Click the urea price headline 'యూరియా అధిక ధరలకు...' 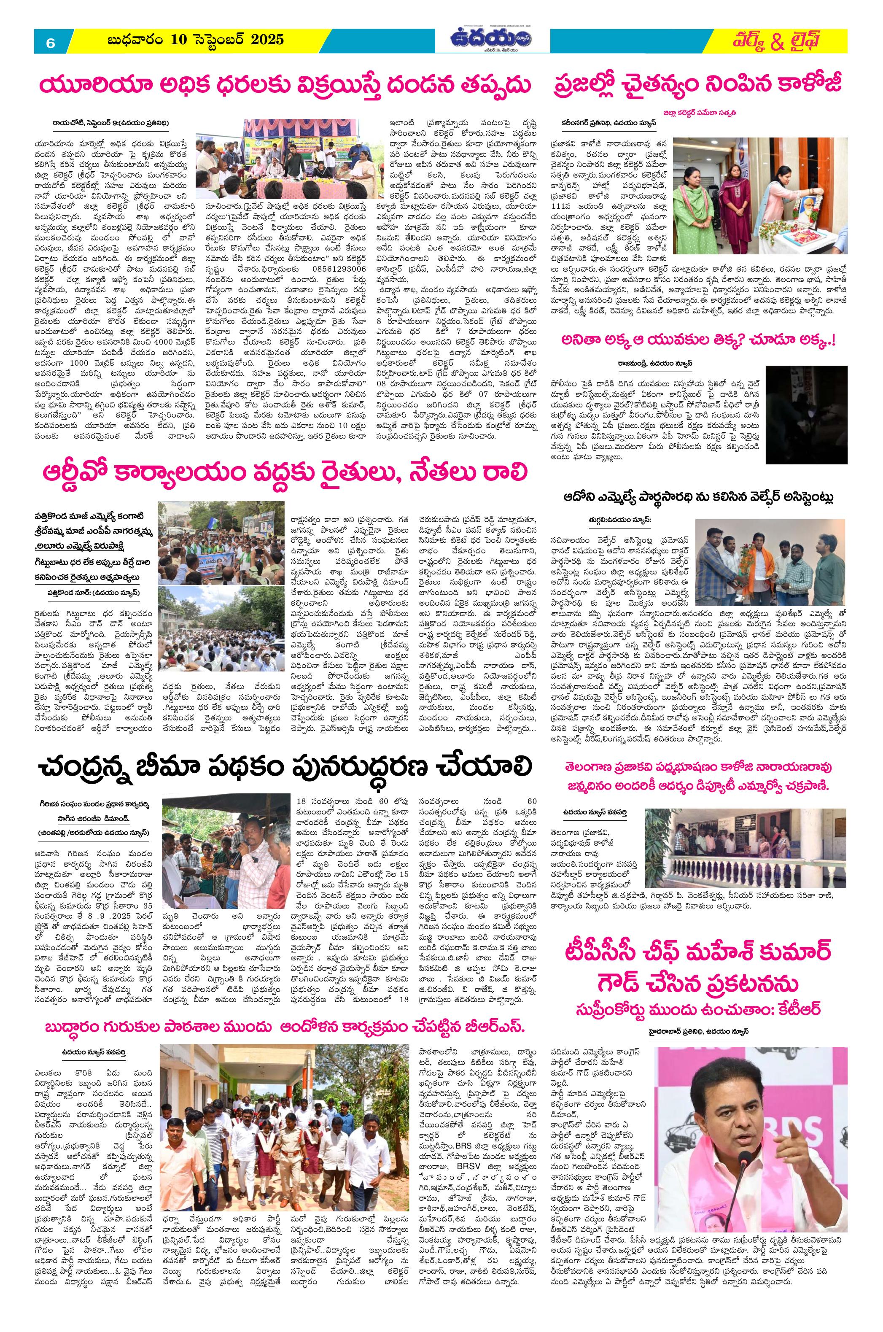click(x=284, y=86)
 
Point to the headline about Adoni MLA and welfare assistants click(x=698, y=497)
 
